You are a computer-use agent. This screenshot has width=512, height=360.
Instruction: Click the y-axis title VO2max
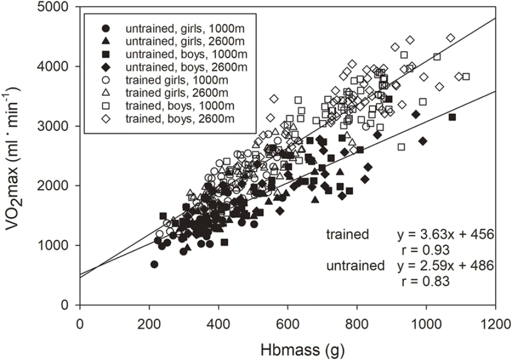tap(15, 156)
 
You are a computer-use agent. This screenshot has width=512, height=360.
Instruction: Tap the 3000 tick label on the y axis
tap(58, 126)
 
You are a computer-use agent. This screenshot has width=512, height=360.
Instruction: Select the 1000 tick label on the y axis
tap(58, 246)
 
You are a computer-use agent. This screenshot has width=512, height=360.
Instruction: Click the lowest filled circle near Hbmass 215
tap(154, 264)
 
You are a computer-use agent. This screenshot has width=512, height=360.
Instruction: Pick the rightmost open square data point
tap(466, 76)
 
